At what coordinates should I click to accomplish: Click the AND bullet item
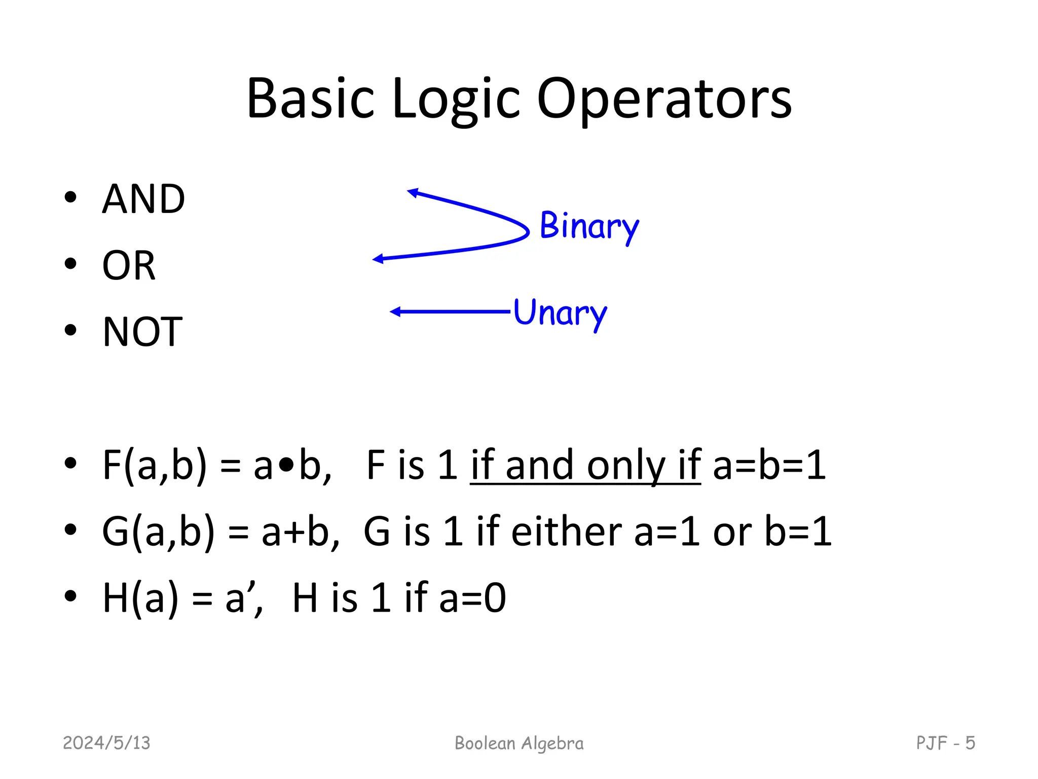coord(143,199)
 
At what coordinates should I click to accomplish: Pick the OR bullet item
coord(129,265)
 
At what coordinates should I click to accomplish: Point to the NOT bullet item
coord(142,332)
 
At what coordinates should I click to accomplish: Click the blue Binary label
coord(589,226)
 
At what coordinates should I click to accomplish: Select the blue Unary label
coord(560,313)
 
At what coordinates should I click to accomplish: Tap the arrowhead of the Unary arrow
coord(395,311)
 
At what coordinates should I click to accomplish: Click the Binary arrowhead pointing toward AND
coord(413,192)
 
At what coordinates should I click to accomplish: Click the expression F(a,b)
coord(155,465)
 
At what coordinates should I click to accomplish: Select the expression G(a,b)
coord(158,532)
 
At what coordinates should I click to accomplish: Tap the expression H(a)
coord(140,598)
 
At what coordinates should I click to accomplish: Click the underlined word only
coord(625,466)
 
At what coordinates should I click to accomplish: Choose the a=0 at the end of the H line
coord(472,598)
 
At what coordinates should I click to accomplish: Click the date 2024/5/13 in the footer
coord(106,743)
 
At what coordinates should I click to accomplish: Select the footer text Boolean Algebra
coord(519,743)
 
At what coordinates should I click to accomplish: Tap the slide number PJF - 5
coord(945,743)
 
